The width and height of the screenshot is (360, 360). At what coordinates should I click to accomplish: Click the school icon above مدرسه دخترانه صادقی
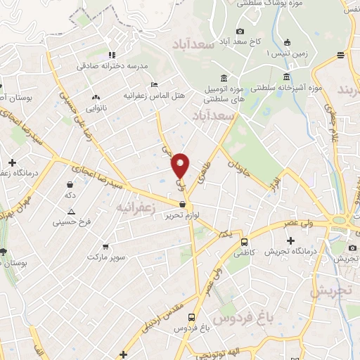111,55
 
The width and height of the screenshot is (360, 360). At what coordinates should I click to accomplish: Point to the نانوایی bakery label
96,108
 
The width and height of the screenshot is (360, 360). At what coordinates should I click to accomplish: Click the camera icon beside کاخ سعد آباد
240,31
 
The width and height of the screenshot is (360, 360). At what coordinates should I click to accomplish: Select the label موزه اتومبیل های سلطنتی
224,94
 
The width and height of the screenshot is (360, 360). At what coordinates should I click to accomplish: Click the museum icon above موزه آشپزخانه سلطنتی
285,77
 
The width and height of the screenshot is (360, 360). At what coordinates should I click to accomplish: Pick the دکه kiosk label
70,193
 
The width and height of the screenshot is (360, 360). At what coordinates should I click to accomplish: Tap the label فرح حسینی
67,221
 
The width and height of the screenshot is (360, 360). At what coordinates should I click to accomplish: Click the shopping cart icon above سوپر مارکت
105,246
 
